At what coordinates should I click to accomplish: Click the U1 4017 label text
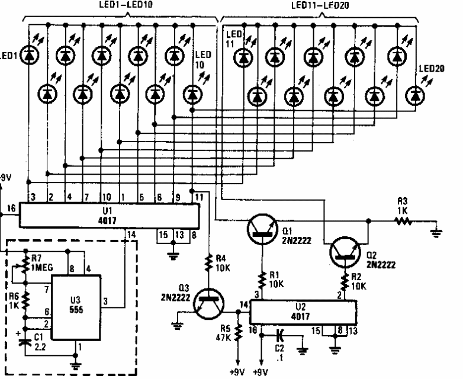click(108, 214)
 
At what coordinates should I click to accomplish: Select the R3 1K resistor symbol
click(404, 221)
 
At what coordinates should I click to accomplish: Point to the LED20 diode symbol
click(416, 94)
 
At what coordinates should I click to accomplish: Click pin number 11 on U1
click(199, 197)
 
